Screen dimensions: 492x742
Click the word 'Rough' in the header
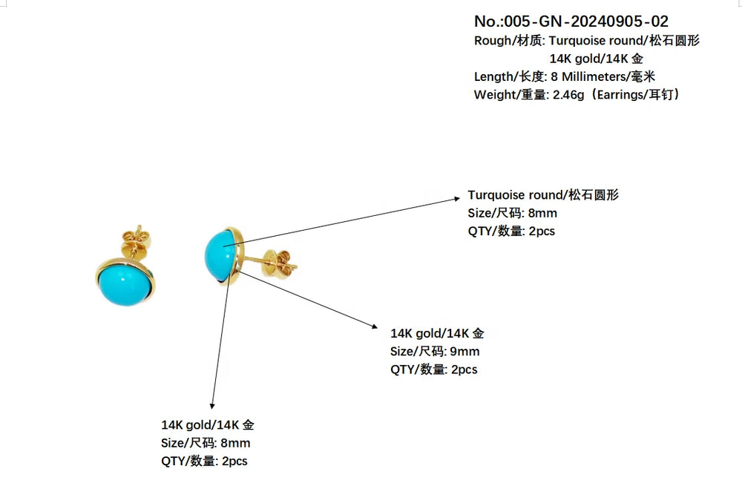[x=492, y=41]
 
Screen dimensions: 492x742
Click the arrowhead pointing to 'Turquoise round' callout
[x=459, y=198]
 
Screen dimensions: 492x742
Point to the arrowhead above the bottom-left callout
[x=213, y=404]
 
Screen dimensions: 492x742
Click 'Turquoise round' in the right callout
[x=516, y=195]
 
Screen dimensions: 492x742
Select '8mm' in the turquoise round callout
[x=542, y=213]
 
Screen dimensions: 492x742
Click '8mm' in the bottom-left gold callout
[x=235, y=443]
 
